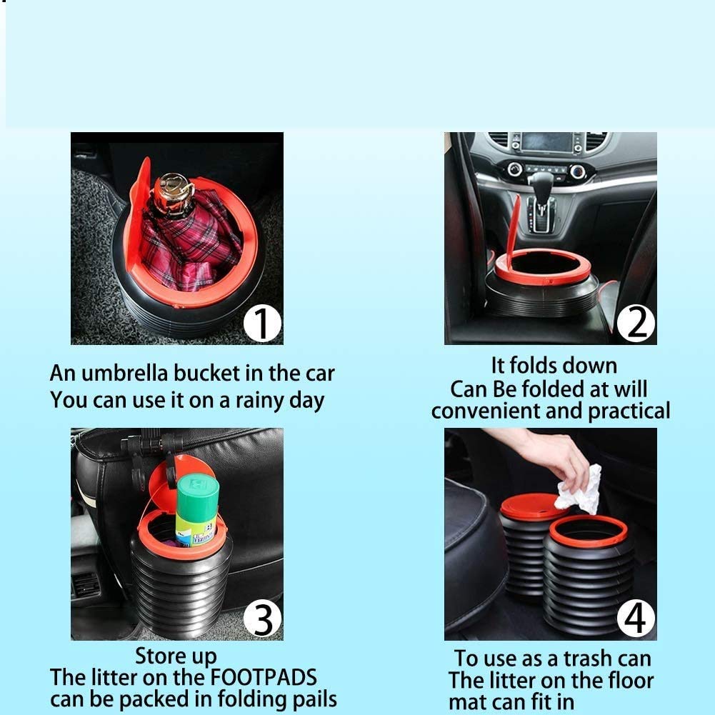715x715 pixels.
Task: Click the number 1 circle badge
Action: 262,324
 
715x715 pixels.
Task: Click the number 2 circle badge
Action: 636,324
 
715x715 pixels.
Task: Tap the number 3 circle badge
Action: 262,619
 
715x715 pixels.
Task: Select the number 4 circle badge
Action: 636,619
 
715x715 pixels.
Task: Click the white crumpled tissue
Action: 579,490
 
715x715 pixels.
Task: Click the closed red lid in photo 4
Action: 532,506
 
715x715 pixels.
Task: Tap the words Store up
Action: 176,655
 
